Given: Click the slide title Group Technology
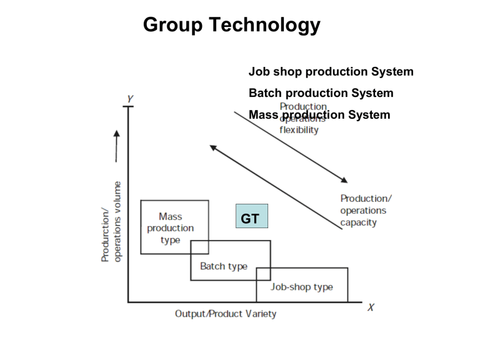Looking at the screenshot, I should click(231, 25).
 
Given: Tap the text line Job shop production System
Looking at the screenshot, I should click(331, 72).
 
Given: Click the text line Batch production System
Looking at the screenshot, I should click(321, 93).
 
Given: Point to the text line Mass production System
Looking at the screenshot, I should click(319, 115).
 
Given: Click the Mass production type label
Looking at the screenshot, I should click(171, 228).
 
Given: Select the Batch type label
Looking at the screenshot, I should click(223, 266).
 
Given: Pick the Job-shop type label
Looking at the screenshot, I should click(301, 287).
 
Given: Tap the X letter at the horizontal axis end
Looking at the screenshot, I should click(371, 307).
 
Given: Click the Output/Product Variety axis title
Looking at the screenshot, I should click(225, 313).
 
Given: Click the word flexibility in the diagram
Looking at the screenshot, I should click(299, 130).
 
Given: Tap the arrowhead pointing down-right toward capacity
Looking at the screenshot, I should click(344, 180).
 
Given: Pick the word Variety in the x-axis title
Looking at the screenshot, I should click(259, 313).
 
